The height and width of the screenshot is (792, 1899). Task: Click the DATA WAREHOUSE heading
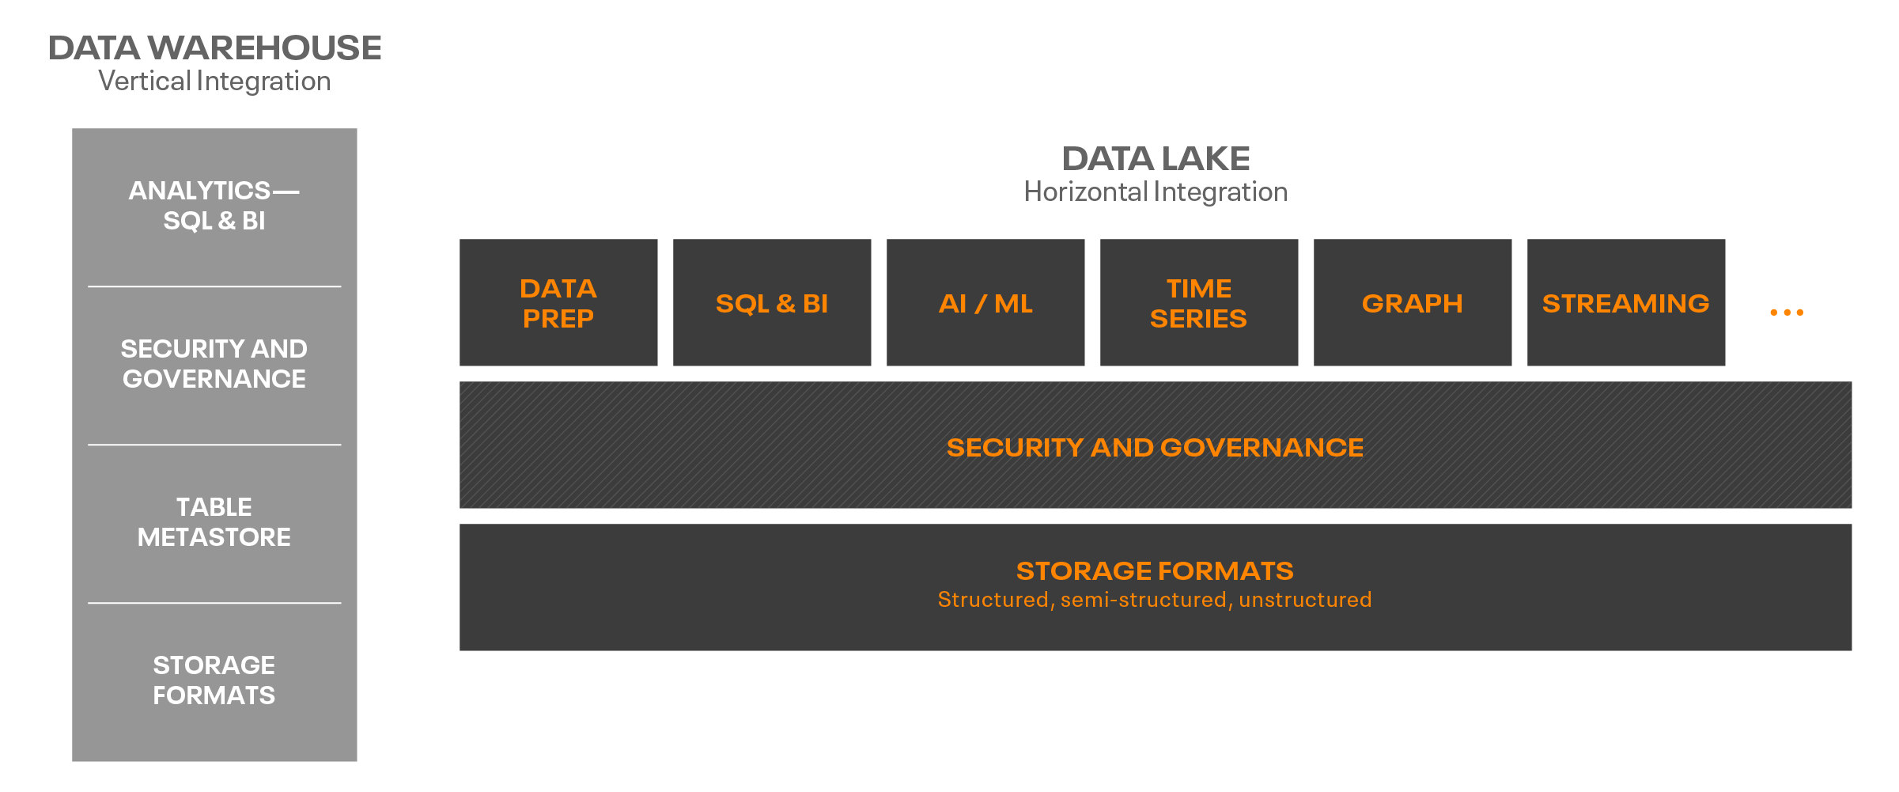pyautogui.click(x=214, y=48)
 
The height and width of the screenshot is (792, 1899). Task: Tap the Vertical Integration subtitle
pyautogui.click(x=214, y=81)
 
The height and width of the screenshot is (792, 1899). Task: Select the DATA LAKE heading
pyautogui.click(x=1156, y=159)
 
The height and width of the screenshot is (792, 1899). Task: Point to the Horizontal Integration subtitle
pyautogui.click(x=1156, y=192)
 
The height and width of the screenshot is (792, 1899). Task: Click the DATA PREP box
pyautogui.click(x=558, y=303)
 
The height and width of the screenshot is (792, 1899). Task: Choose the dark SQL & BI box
pyautogui.click(x=772, y=303)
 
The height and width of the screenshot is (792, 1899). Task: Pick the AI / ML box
pyautogui.click(x=985, y=303)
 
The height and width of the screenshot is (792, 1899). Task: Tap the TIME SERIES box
pyautogui.click(x=1199, y=303)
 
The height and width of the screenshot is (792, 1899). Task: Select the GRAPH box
pyautogui.click(x=1413, y=303)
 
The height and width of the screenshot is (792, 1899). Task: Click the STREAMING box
pyautogui.click(x=1626, y=303)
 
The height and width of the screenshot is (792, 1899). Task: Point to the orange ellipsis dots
pyautogui.click(x=1787, y=313)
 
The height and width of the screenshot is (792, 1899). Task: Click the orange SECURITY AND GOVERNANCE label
pyautogui.click(x=1155, y=448)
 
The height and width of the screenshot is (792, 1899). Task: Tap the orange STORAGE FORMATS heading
pyautogui.click(x=1155, y=570)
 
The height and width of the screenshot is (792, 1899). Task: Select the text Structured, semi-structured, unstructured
pyautogui.click(x=1155, y=600)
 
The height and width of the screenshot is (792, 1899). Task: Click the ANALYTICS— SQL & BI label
pyautogui.click(x=214, y=206)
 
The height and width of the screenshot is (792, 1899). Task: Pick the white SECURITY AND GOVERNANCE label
pyautogui.click(x=214, y=364)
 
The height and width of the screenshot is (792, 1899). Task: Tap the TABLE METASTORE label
pyautogui.click(x=214, y=522)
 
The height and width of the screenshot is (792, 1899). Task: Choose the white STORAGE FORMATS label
pyautogui.click(x=214, y=680)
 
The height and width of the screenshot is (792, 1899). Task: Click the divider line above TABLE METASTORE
pyautogui.click(x=214, y=445)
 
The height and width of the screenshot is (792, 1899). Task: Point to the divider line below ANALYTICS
pyautogui.click(x=214, y=286)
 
